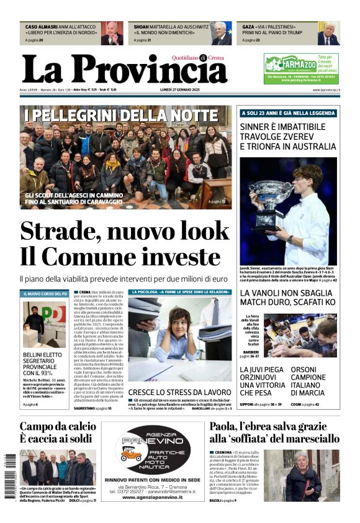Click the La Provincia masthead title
click(124, 70)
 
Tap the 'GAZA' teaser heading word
click(249, 27)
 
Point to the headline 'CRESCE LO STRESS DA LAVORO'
click(179, 392)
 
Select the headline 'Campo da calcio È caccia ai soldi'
click(56, 434)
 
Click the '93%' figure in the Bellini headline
click(50, 373)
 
